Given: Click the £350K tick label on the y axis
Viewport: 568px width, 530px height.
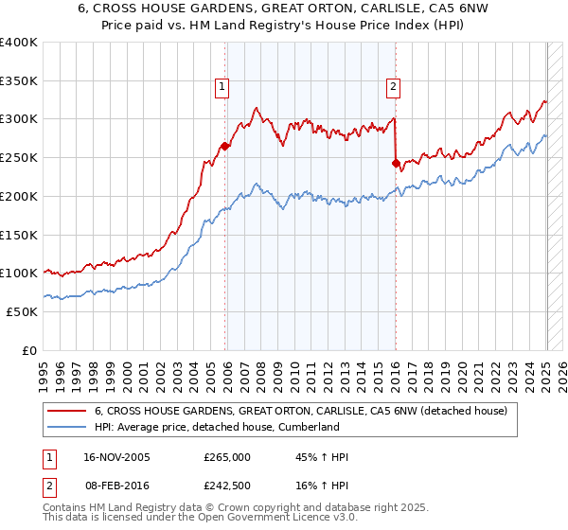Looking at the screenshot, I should tap(19, 81).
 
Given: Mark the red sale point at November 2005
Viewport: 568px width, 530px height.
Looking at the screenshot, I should tap(225, 147).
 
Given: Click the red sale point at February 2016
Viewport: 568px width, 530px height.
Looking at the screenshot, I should tap(396, 164).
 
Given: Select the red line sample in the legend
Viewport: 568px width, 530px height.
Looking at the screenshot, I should tap(67, 411).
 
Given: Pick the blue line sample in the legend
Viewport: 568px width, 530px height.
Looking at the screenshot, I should tap(67, 427).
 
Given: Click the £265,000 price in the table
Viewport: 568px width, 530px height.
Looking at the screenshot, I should tap(226, 457).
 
